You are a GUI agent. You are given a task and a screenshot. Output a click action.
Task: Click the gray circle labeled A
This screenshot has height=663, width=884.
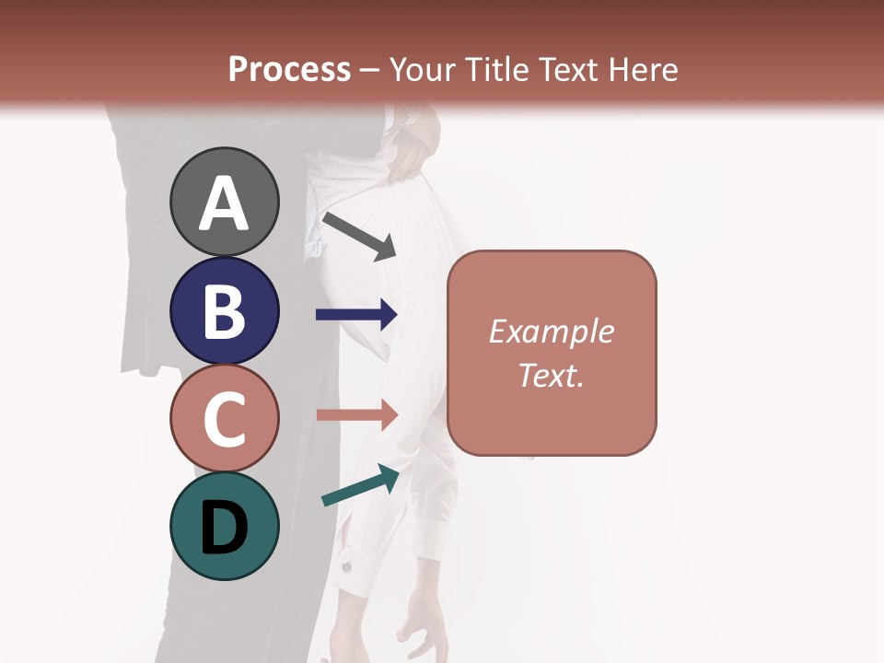[x=224, y=202]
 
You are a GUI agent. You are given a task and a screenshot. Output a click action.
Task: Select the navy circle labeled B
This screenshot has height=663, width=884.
[x=224, y=310]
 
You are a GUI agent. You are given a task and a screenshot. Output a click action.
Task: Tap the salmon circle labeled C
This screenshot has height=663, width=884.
[x=224, y=418]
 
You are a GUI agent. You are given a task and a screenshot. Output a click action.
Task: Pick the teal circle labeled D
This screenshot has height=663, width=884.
[x=224, y=526]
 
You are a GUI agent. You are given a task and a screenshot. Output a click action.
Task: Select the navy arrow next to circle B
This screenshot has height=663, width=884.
[x=356, y=314]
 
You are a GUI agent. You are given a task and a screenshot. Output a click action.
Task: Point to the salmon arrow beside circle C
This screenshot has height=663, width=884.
[x=356, y=414]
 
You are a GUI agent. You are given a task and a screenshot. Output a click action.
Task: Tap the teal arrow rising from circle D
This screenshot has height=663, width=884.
[x=360, y=485]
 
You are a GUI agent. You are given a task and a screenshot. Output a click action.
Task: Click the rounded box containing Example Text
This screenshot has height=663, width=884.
[x=552, y=353]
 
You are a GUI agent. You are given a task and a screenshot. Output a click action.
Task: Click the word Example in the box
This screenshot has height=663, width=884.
[x=551, y=331]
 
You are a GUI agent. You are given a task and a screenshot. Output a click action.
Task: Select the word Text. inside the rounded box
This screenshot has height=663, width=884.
[x=551, y=375]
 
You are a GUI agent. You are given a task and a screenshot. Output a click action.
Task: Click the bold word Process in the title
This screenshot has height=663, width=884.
[x=289, y=69]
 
